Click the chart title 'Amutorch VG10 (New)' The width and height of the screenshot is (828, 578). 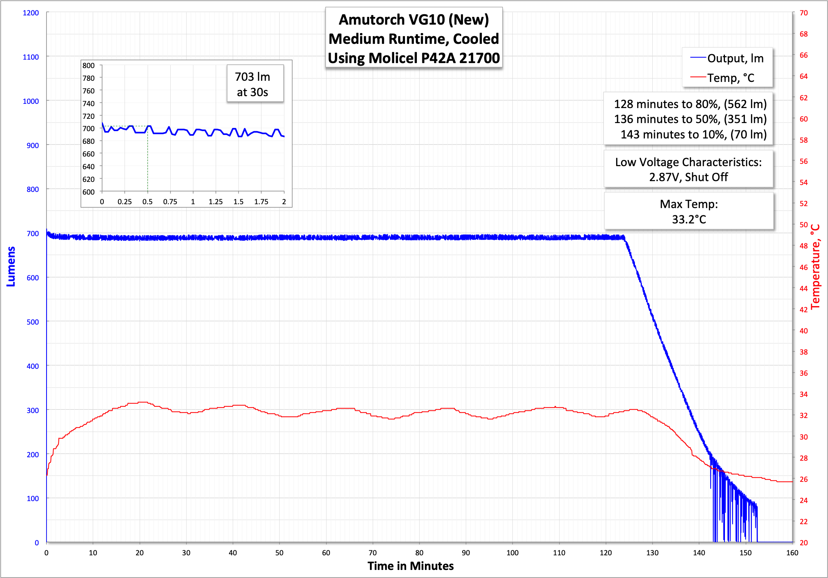[x=413, y=20]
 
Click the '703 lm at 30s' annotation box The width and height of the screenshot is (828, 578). [x=253, y=84]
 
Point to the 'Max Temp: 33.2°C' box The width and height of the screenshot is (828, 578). [x=689, y=212]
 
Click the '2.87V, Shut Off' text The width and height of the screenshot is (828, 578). [x=688, y=177]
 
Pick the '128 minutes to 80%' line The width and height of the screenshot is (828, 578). [x=690, y=104]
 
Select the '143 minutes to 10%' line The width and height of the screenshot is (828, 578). [x=693, y=135]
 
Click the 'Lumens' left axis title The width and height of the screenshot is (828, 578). [x=11, y=267]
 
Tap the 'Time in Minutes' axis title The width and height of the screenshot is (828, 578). [x=410, y=566]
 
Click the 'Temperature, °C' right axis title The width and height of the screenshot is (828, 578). [x=815, y=267]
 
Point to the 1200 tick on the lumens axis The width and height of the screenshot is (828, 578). [x=31, y=13]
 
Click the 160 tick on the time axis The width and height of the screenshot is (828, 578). [x=792, y=553]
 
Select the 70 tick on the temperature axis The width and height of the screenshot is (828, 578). [x=804, y=13]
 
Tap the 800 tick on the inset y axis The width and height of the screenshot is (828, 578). [x=88, y=66]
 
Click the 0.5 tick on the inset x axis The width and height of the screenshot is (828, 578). [x=147, y=202]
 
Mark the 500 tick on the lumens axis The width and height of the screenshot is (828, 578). [x=33, y=322]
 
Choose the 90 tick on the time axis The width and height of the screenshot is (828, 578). [x=466, y=553]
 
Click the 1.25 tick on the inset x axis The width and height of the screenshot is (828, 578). [x=216, y=202]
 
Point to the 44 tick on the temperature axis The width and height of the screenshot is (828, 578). [x=804, y=288]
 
